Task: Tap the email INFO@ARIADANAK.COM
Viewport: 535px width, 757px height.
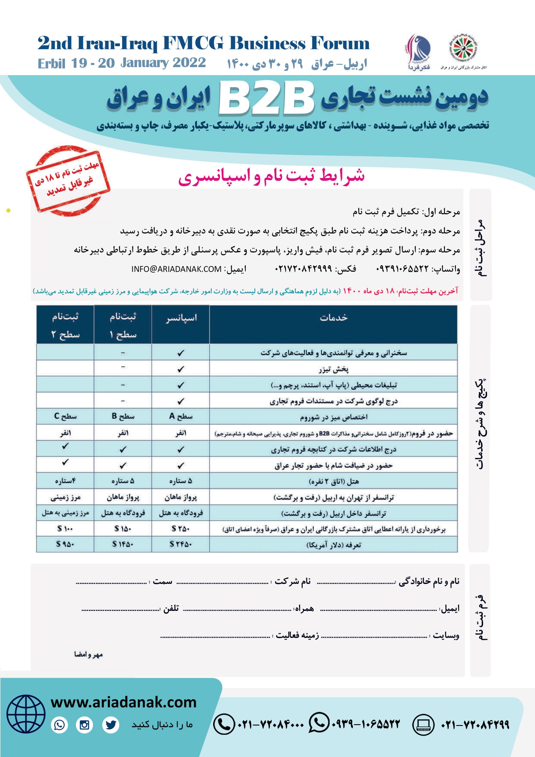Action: click(x=176, y=269)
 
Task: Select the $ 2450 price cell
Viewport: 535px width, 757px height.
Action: click(x=181, y=544)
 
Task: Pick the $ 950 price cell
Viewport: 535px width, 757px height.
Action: click(x=65, y=544)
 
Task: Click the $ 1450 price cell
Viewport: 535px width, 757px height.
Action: click(x=123, y=544)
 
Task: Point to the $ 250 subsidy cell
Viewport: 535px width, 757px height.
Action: click(x=181, y=528)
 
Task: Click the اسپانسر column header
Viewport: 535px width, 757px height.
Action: click(x=181, y=318)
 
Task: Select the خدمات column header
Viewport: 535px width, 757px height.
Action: click(x=333, y=318)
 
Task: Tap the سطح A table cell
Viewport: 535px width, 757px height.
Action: click(x=181, y=416)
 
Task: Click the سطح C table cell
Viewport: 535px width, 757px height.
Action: click(x=65, y=416)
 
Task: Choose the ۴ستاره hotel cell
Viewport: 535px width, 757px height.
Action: click(x=65, y=481)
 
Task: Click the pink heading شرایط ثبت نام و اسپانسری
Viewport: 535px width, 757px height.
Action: click(x=271, y=176)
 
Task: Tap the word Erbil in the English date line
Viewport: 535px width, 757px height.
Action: click(x=52, y=63)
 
